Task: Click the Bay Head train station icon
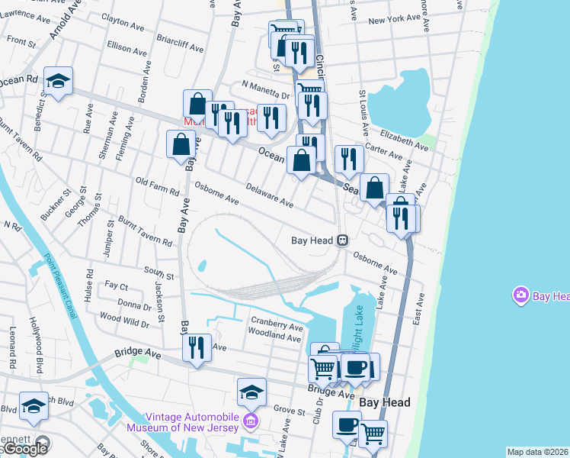pyautogui.click(x=343, y=240)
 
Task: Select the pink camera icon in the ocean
pyautogui.click(x=520, y=295)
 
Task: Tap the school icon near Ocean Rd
pyautogui.click(x=57, y=80)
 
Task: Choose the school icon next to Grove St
pyautogui.click(x=251, y=392)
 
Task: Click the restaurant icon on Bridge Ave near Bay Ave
pyautogui.click(x=197, y=348)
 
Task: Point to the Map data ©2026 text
pyautogui.click(x=538, y=452)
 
